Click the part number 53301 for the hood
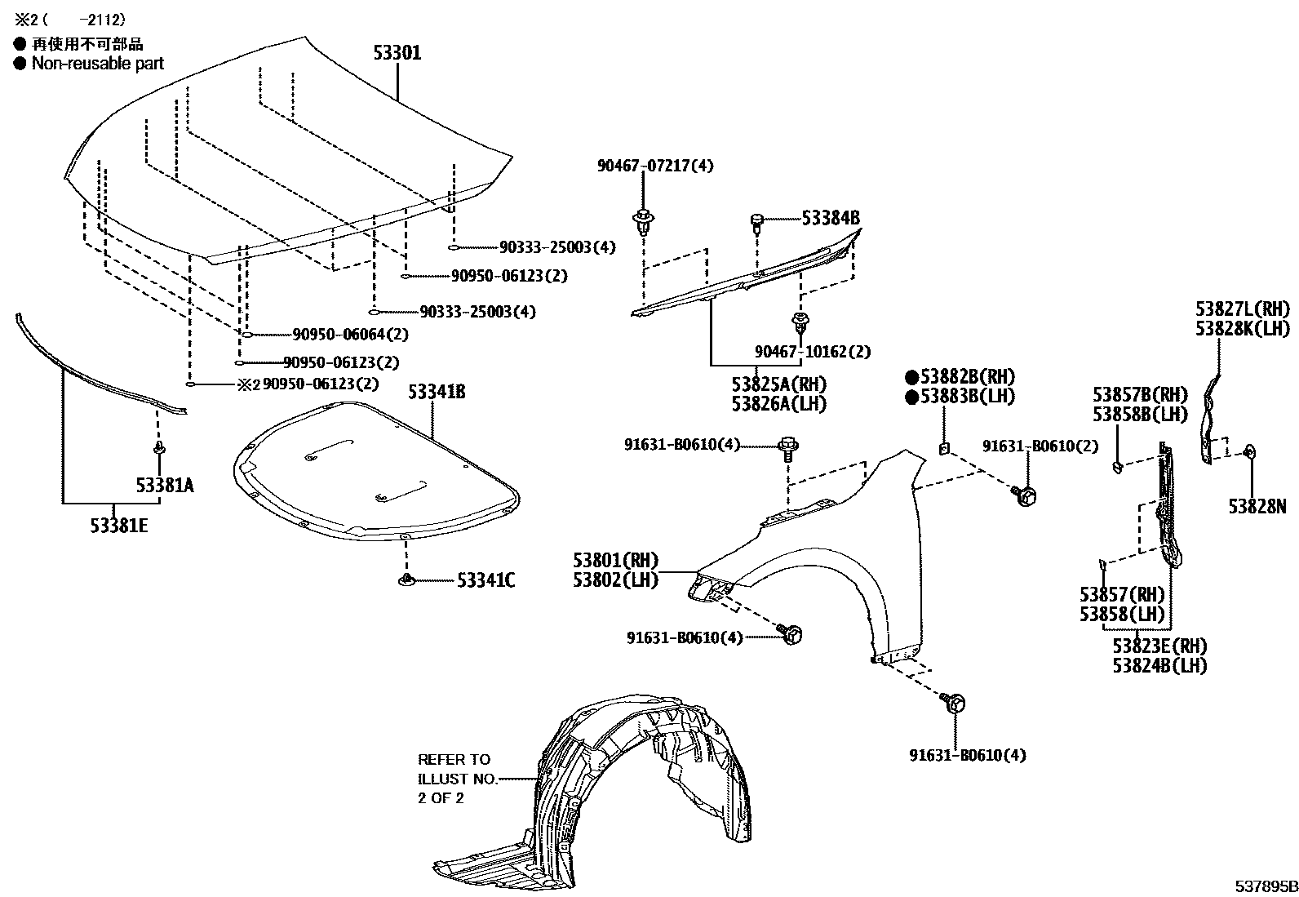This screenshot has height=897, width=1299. tap(397, 53)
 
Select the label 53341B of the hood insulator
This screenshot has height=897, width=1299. tap(437, 392)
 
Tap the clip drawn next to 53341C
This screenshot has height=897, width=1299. tap(406, 580)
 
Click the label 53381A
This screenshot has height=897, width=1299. tap(165, 486)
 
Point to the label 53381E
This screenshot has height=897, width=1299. tap(119, 526)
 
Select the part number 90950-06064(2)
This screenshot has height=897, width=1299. tap(350, 335)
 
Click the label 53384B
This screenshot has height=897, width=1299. tap(830, 219)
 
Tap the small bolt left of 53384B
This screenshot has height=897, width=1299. tap(756, 221)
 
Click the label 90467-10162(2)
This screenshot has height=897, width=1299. tap(812, 352)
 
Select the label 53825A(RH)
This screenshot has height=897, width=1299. tap(778, 384)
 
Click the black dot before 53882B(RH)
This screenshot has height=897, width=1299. tap(911, 377)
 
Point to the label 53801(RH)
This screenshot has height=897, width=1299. tap(615, 561)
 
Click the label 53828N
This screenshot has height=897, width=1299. tap(1257, 507)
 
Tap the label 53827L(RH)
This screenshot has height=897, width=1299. tap(1243, 309)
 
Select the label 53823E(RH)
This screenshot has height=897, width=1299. tap(1159, 646)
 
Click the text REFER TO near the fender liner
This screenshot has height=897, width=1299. tap(454, 759)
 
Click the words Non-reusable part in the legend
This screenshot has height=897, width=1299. tap(97, 64)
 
